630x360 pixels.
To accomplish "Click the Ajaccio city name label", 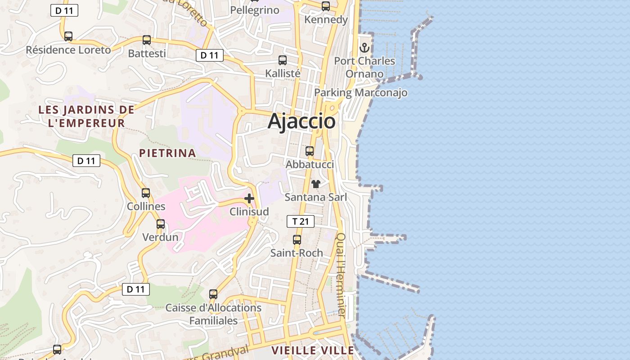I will click(x=301, y=121).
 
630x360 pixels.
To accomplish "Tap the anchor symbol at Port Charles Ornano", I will click(x=364, y=47).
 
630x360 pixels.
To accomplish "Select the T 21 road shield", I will click(x=300, y=221).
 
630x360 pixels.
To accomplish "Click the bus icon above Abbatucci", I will click(x=310, y=151).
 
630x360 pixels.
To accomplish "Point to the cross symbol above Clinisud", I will click(x=249, y=198).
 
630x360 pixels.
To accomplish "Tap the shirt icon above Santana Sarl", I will click(x=316, y=184).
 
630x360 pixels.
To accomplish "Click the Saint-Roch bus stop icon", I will click(x=297, y=240).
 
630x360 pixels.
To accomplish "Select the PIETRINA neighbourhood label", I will click(x=167, y=153).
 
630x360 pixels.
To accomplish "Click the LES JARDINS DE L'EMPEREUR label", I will click(x=86, y=116).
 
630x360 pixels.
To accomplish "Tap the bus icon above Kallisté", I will click(x=283, y=60).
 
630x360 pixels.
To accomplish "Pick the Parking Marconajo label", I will click(x=360, y=93).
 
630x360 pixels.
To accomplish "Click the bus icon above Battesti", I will click(x=147, y=40).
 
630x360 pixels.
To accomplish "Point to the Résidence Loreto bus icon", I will click(x=68, y=36).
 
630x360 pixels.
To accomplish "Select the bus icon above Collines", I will click(x=146, y=193).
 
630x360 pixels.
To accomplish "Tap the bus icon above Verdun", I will click(x=161, y=224).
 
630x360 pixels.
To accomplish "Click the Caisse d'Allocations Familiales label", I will click(x=213, y=314).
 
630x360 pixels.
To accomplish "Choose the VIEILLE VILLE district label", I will click(x=313, y=350).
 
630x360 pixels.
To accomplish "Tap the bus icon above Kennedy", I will click(x=326, y=6).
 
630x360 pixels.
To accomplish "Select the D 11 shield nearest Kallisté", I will click(x=210, y=55).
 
